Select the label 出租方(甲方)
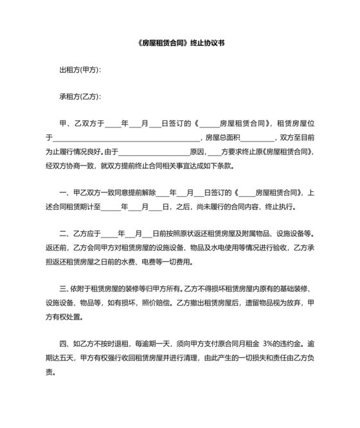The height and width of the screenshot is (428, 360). [80, 70]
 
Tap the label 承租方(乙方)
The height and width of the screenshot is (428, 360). [80, 97]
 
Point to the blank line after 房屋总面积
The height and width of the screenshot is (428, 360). [258, 137]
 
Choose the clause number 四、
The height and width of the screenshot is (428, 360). [64, 342]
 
